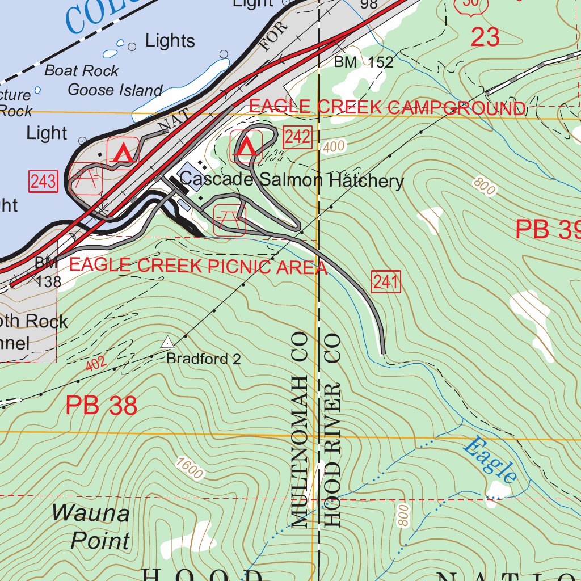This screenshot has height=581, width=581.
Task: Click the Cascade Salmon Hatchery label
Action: pos(292,181)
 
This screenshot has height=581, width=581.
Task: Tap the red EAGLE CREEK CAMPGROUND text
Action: pos(387,107)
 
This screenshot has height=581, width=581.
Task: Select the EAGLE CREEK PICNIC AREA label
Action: pos(198,266)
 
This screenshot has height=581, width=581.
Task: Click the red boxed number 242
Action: pos(298,137)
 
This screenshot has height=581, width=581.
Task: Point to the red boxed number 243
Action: pos(43,182)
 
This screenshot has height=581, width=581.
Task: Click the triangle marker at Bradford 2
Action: pos(167,342)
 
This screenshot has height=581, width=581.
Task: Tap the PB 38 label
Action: pos(101,406)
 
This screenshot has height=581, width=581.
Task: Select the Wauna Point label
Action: pos(91,527)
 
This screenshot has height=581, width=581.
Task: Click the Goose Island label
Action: pos(115,90)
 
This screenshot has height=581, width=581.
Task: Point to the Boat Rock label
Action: pos(82,71)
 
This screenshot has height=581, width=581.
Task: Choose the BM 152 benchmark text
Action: pos(364,62)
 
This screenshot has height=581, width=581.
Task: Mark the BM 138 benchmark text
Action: pos(47,271)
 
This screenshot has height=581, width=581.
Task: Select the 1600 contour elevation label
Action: pos(190,468)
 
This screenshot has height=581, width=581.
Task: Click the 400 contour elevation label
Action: pos(334,147)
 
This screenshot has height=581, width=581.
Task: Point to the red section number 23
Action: pos(485,37)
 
